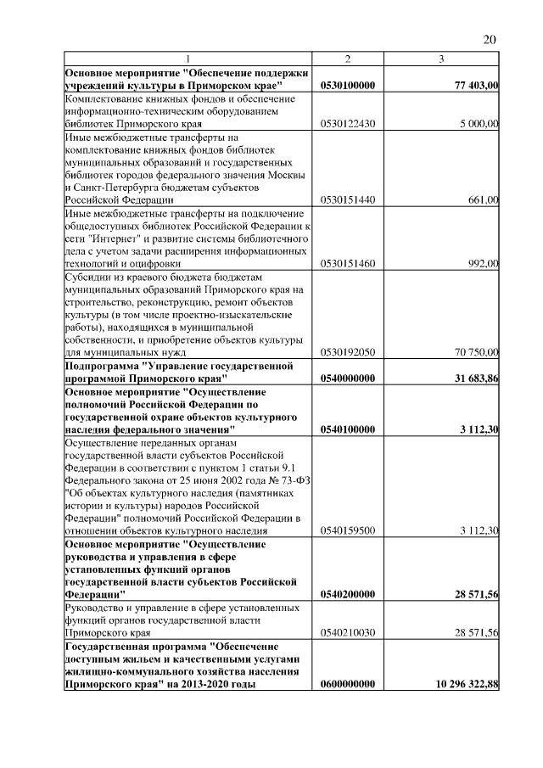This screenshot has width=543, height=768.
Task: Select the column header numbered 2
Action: click(x=347, y=59)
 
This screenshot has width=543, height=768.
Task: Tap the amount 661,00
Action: click(x=484, y=200)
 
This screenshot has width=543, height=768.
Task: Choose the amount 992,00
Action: click(x=484, y=264)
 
